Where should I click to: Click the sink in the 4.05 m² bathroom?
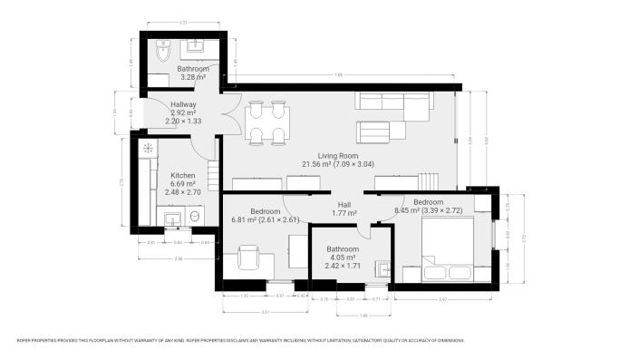coord(384,269)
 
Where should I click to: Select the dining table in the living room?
coord(269,122)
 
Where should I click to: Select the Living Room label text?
coord(338,156)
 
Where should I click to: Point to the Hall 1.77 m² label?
coord(344,209)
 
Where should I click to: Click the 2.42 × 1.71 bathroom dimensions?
coord(344,267)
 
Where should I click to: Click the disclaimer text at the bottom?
coord(240,340)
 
